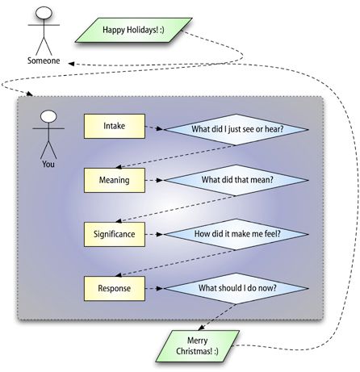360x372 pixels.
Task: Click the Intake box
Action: tap(115, 126)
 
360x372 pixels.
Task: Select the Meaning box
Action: tap(115, 180)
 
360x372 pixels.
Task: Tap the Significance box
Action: tap(115, 234)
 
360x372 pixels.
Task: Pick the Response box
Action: tap(115, 288)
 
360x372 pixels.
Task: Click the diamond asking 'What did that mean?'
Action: tap(237, 180)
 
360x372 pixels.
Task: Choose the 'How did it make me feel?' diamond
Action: tap(237, 234)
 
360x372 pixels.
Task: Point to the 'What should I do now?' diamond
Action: tap(237, 288)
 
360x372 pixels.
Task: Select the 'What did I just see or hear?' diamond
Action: tap(237, 129)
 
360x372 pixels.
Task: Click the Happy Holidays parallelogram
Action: tap(134, 30)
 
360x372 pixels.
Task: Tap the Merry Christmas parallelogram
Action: tap(198, 346)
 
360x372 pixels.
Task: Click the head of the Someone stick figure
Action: tap(44, 13)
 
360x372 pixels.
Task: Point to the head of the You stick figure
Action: tap(48, 116)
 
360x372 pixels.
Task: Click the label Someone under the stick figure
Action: tap(44, 61)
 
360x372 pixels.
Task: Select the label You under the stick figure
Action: tap(48, 164)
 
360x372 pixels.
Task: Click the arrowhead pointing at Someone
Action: tap(71, 64)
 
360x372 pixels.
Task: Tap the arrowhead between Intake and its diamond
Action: tap(160, 129)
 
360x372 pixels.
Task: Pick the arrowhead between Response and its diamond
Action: tap(160, 288)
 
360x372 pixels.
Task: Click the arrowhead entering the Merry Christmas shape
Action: tap(201, 328)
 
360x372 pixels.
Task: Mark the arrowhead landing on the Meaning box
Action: tap(119, 167)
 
